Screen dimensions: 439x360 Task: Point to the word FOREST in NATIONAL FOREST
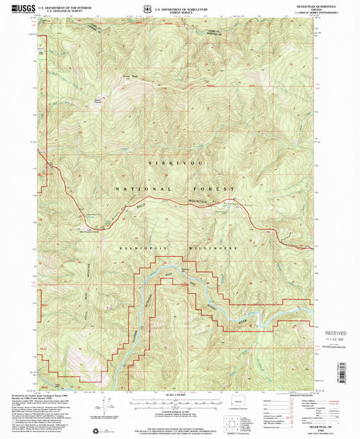pyautogui.click(x=217, y=189)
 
